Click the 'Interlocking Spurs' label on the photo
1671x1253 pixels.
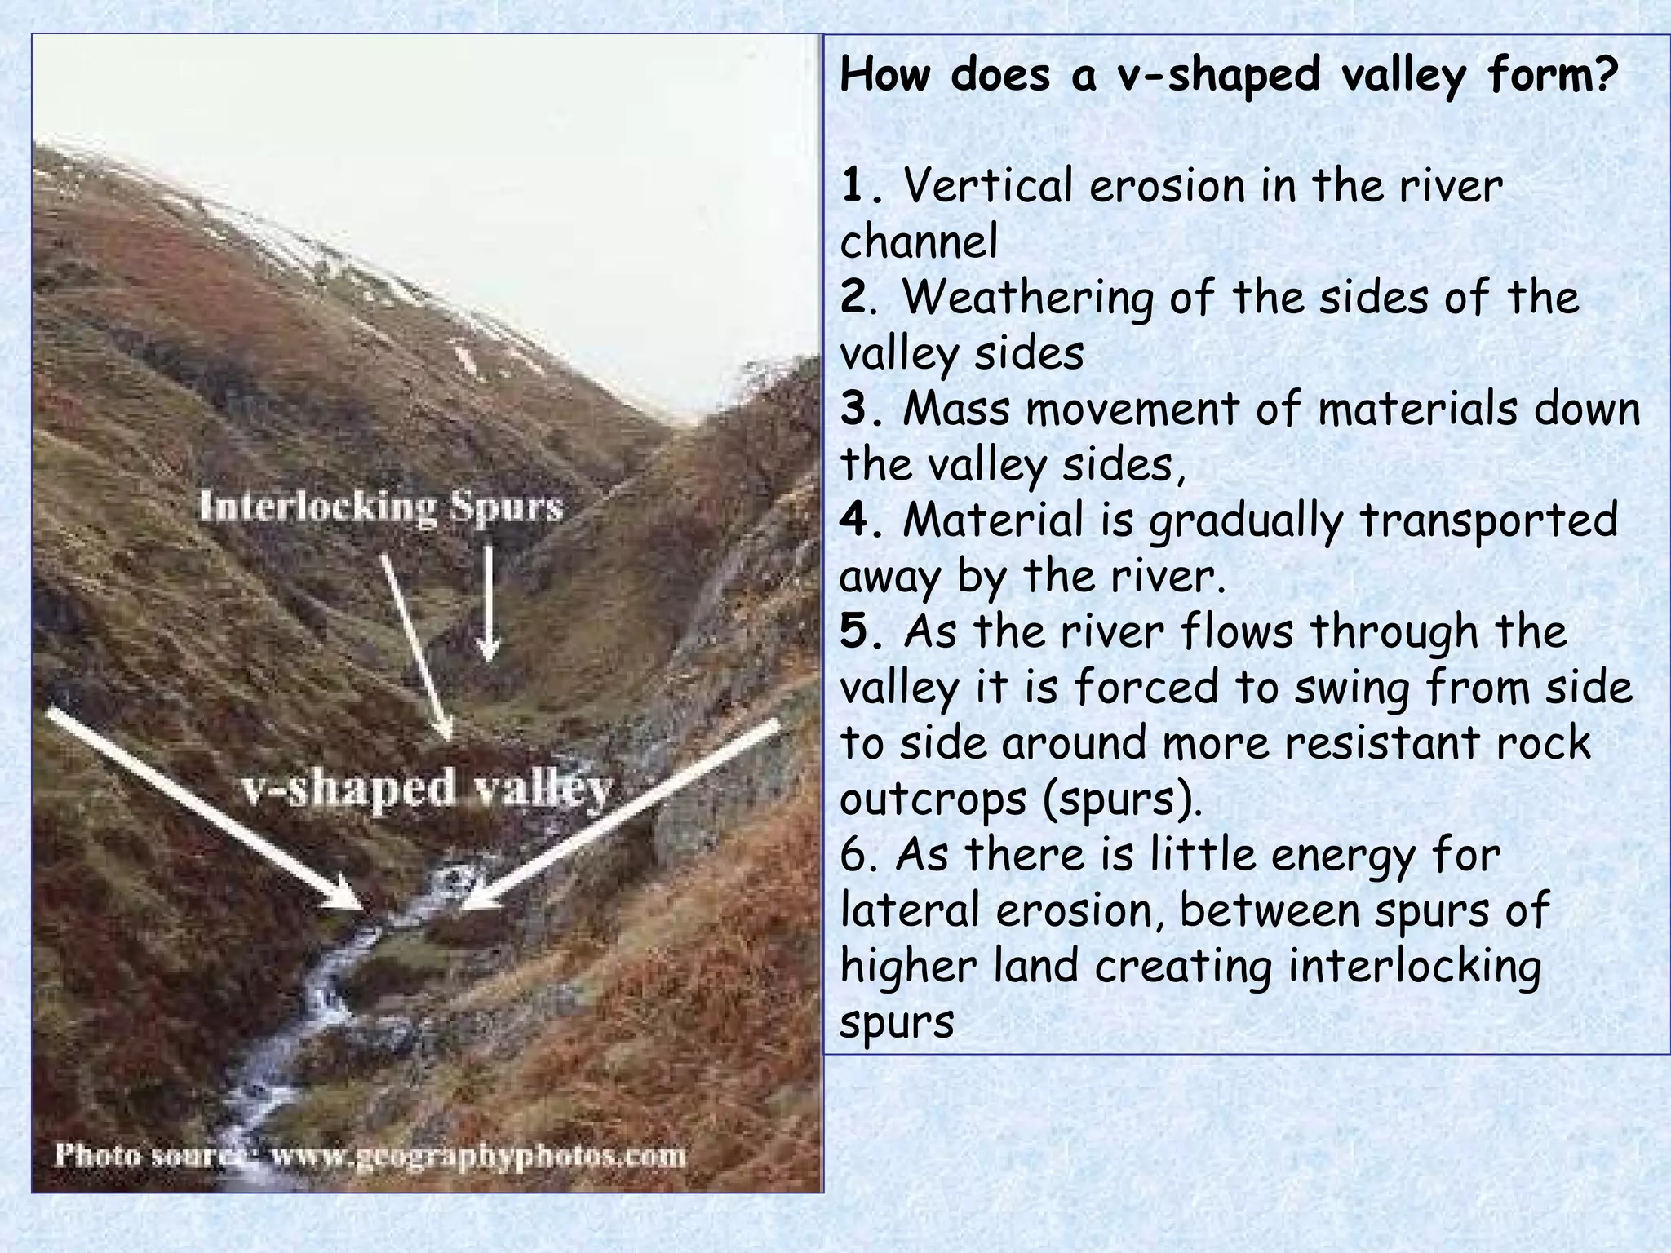(x=381, y=507)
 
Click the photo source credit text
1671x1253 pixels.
(x=370, y=1157)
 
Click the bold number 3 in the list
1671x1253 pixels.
(x=853, y=409)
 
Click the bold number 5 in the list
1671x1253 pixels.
(x=853, y=631)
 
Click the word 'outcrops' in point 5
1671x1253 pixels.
(x=931, y=800)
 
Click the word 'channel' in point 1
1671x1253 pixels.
(x=919, y=242)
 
